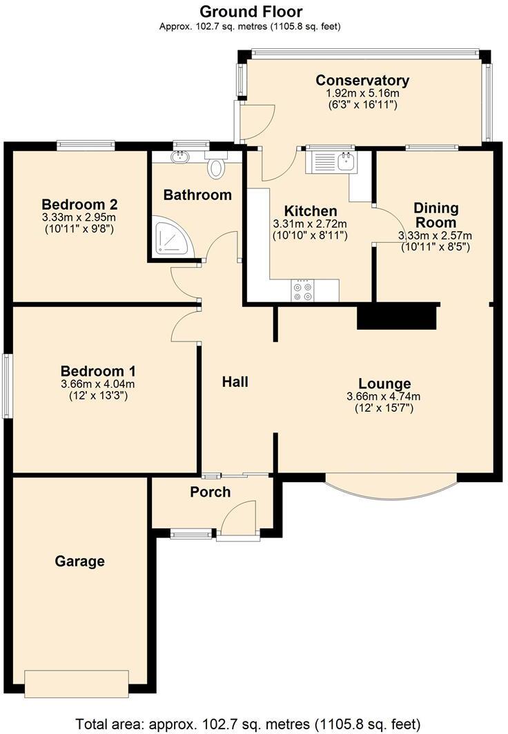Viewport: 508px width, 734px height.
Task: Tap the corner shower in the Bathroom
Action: coord(170,237)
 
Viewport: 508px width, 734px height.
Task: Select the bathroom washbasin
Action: coord(179,157)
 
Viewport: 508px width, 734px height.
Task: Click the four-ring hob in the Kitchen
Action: coord(302,290)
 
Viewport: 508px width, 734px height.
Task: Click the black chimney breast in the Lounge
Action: coord(397,317)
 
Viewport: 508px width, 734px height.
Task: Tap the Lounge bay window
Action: coord(391,488)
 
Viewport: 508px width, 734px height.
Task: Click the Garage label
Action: coord(79,561)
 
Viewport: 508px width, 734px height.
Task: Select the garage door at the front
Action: coord(77,684)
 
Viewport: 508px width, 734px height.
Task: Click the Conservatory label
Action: coord(362,80)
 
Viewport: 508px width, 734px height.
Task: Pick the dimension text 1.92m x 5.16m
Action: coord(362,93)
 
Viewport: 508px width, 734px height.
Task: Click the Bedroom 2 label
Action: coord(79,204)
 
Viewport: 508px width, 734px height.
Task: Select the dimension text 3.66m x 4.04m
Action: coord(98,384)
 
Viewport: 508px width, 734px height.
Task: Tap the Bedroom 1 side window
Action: coord(7,386)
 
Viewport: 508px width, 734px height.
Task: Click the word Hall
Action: coord(235,382)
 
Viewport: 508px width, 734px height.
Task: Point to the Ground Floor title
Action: coord(251,11)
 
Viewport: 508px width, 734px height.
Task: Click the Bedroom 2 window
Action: coord(86,145)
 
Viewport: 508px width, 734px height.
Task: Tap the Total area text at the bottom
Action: coord(248,724)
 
